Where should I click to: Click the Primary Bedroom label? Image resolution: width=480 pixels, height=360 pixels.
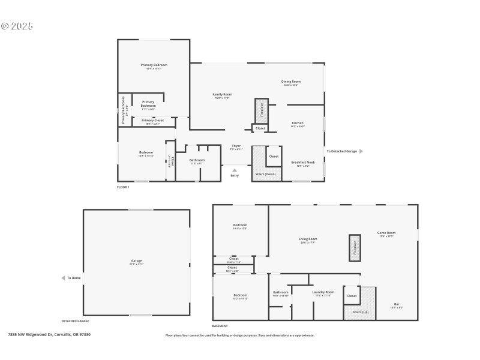point(154,65)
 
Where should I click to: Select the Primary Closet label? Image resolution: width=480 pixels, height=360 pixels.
point(152,121)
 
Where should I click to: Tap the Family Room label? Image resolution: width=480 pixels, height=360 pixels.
point(222,94)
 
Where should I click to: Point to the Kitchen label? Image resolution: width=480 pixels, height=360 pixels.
point(298,123)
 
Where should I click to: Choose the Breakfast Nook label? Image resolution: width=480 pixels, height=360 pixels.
point(300,163)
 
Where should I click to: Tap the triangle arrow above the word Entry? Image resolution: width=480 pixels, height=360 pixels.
point(235,170)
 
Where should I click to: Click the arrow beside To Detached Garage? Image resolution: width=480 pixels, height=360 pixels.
point(361,151)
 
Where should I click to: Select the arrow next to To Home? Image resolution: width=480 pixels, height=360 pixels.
point(63,278)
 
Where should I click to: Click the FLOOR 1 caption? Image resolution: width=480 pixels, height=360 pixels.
point(123,187)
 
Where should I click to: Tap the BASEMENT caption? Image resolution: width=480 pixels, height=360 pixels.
point(220,326)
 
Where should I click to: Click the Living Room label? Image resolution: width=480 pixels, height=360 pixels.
point(308,239)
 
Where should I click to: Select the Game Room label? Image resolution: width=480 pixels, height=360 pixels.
point(386,233)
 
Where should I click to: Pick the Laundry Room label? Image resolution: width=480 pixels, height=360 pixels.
point(323,292)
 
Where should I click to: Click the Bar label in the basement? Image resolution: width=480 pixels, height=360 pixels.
point(396,304)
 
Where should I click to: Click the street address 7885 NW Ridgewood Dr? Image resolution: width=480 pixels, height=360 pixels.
point(30,335)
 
